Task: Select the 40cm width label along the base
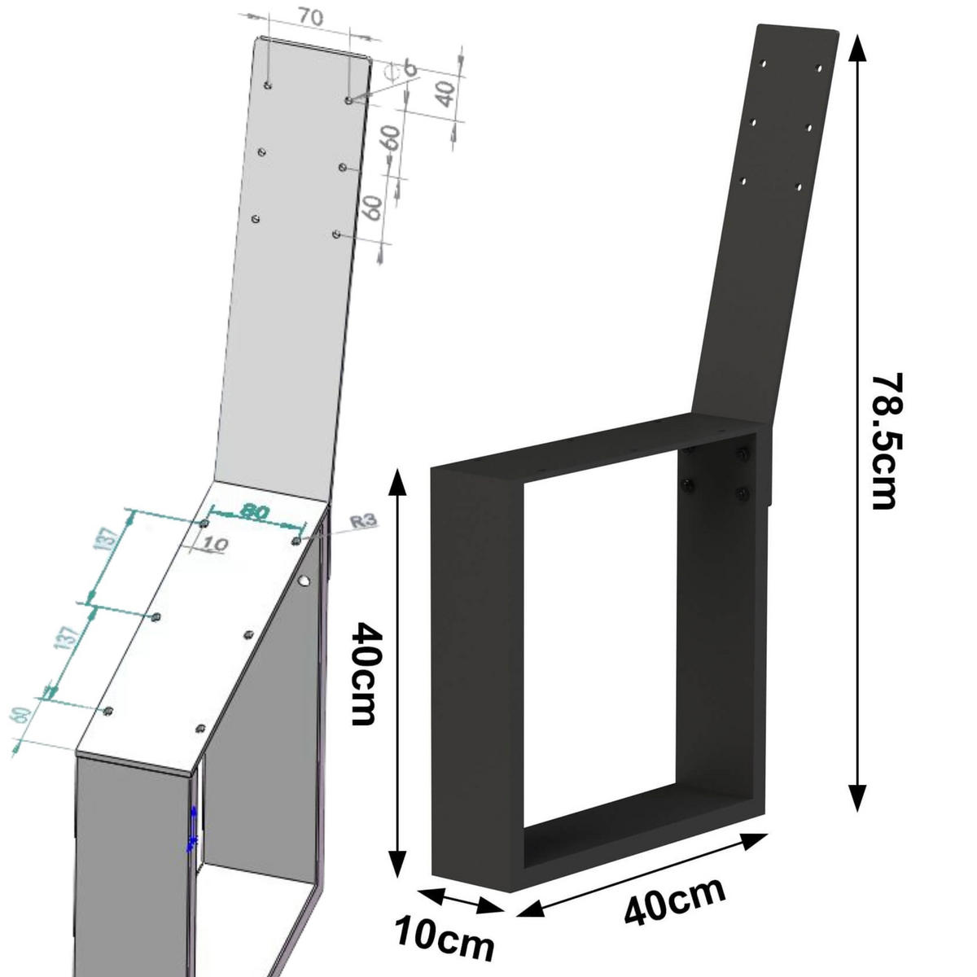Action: [x=675, y=900]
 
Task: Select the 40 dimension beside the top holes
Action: [x=444, y=94]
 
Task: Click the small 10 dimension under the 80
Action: [x=212, y=544]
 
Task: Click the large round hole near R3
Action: [x=304, y=581]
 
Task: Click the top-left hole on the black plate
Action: [x=763, y=62]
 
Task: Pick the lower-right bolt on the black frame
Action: [x=742, y=493]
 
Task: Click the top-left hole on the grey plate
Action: [x=268, y=85]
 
